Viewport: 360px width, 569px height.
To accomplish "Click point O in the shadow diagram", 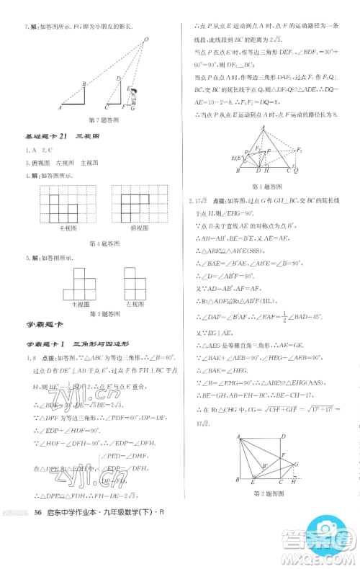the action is click(x=145, y=40).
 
